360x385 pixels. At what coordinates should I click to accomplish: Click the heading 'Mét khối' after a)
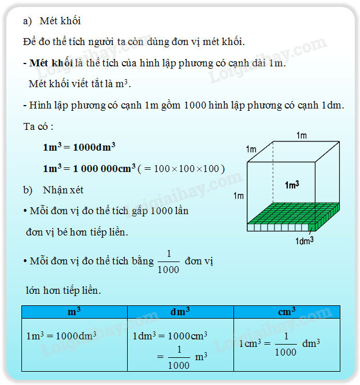[x=60, y=21]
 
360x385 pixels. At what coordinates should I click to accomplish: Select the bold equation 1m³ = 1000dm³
[x=79, y=147]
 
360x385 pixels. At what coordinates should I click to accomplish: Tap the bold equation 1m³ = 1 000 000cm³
[x=89, y=168]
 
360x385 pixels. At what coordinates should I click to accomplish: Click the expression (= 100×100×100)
[x=181, y=169]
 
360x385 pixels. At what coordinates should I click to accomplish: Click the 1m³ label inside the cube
[x=292, y=185]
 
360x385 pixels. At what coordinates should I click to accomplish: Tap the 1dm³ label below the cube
[x=305, y=240]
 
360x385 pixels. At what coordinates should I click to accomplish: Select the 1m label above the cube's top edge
[x=301, y=136]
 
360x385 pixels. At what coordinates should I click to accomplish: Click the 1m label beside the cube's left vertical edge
[x=238, y=196]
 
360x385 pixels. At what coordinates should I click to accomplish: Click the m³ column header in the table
[x=74, y=312]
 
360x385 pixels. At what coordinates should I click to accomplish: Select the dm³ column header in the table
[x=180, y=312]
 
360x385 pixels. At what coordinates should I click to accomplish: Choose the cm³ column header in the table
[x=287, y=312]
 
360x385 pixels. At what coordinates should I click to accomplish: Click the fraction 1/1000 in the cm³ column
[x=285, y=344]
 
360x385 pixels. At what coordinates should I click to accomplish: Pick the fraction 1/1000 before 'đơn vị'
[x=169, y=261]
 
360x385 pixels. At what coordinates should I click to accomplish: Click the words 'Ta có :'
[x=39, y=126]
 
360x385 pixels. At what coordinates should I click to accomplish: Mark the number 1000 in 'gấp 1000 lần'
[x=161, y=211]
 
